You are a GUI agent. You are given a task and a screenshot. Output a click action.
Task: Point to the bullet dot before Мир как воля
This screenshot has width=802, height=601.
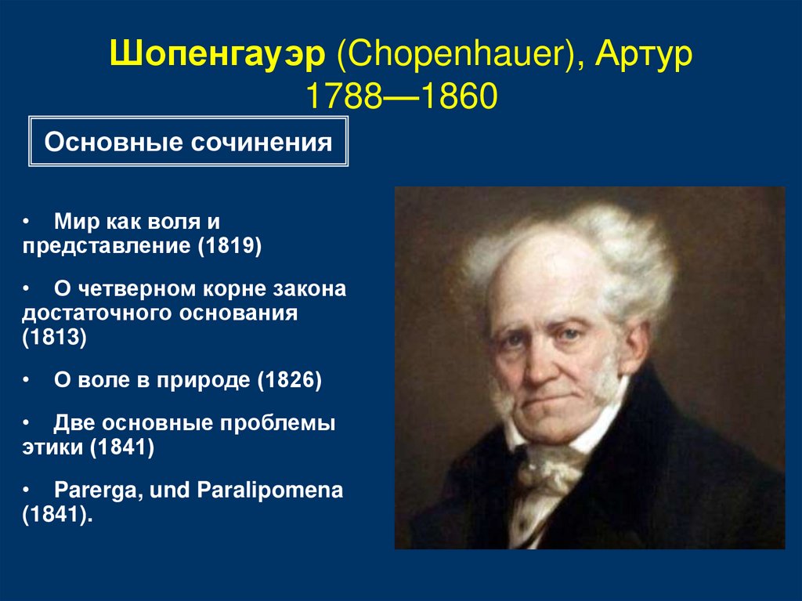(27, 223)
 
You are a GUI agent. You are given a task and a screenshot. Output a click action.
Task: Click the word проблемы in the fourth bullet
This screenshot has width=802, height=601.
(282, 424)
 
